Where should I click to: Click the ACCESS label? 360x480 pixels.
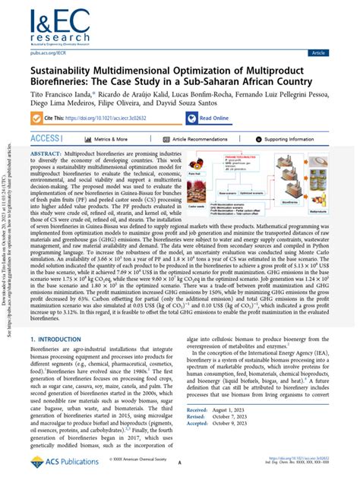[46, 139]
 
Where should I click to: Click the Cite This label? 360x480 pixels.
[74, 118]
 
